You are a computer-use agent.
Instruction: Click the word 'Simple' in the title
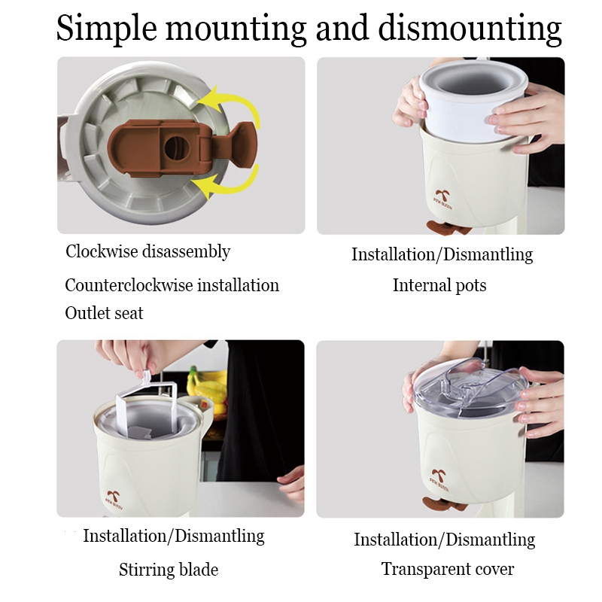point(107,29)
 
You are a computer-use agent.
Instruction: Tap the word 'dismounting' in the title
point(470,29)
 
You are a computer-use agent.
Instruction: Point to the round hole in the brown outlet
point(177,147)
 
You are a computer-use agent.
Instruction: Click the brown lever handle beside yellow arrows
point(238,144)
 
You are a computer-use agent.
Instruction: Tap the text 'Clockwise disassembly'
point(147,252)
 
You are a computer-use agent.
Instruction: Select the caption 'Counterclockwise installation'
point(172,285)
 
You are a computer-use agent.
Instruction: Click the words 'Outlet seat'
point(104,313)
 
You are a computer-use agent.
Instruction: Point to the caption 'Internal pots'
point(439,286)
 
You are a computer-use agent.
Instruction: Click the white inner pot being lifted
point(473,101)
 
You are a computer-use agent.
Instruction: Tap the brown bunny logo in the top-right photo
point(442,198)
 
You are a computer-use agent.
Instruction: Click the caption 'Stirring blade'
point(169,570)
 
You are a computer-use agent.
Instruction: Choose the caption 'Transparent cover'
point(448,569)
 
